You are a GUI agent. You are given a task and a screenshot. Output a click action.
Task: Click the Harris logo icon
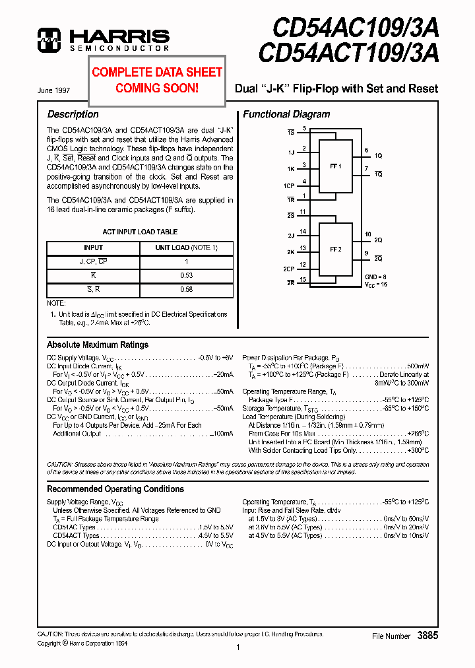coord(49,40)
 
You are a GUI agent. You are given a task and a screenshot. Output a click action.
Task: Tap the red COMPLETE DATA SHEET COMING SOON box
coord(157,80)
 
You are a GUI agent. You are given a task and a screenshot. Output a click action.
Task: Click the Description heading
coord(73,114)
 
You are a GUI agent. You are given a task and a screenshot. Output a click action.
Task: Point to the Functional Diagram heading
coord(286,114)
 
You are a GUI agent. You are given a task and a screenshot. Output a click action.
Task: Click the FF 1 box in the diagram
coord(336,166)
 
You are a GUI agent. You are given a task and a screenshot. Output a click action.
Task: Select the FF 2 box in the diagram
coord(336,250)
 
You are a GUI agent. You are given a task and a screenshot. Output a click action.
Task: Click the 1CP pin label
coord(290,186)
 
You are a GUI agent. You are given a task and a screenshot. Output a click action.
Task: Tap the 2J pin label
coord(290,236)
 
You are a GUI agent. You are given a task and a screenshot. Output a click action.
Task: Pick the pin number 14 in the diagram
coord(303,231)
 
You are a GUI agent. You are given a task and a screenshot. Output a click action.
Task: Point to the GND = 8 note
coord(376,276)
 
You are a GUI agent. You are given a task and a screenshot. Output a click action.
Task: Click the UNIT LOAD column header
coord(185,248)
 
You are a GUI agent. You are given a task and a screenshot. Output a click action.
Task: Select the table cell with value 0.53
coord(185,275)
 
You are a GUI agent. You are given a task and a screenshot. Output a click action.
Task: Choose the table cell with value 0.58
coord(185,289)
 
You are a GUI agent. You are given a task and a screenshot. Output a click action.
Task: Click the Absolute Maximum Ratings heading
coord(98,345)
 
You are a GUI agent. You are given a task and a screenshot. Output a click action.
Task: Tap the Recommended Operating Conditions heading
coord(115,489)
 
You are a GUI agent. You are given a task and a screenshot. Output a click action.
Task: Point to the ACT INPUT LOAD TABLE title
coord(140,232)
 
